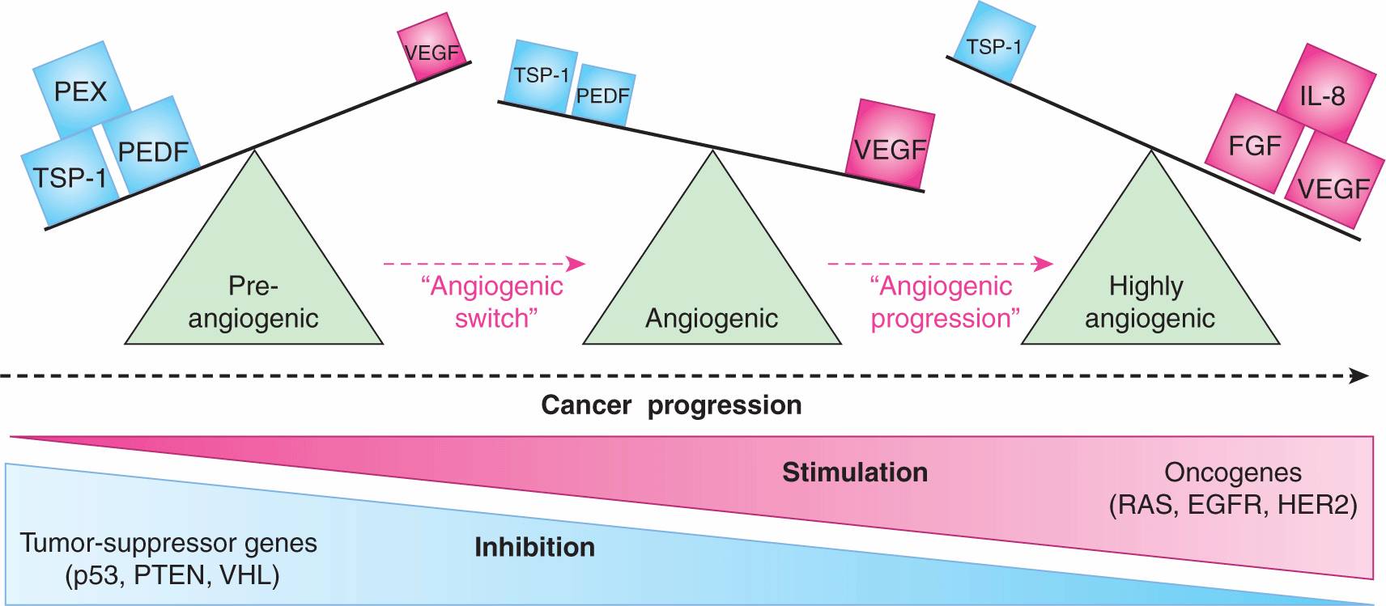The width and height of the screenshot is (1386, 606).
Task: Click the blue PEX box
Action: tap(81, 91)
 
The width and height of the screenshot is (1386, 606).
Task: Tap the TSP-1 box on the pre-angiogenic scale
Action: tap(70, 176)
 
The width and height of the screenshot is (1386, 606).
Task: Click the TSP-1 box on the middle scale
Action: tap(542, 77)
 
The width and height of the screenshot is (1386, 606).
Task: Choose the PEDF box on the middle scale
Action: tap(603, 97)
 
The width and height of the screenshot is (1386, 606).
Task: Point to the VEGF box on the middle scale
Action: tap(890, 146)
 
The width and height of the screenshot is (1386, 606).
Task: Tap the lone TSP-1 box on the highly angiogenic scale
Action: tap(993, 44)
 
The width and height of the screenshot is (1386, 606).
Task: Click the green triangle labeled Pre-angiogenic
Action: tap(253, 275)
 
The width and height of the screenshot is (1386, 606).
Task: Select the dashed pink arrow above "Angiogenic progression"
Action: tap(940, 264)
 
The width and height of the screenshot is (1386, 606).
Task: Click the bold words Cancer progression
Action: tap(671, 405)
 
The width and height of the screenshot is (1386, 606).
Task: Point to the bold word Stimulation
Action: tap(855, 473)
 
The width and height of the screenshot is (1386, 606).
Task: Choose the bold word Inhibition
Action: tap(534, 548)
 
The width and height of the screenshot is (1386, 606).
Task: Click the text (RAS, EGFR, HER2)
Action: tap(1232, 506)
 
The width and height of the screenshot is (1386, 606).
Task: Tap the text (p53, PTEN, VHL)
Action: tap(172, 576)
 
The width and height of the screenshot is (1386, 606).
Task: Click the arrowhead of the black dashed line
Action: tap(1360, 376)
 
